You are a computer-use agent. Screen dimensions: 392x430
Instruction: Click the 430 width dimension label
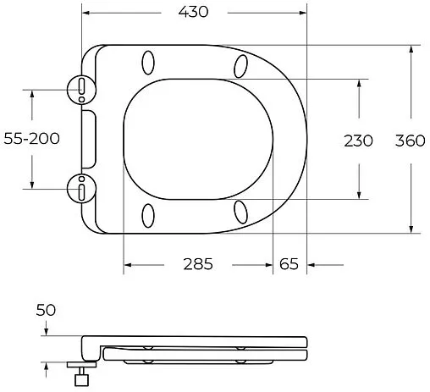[x=193, y=12]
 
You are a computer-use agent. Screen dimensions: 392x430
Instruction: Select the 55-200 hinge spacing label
[x=30, y=140]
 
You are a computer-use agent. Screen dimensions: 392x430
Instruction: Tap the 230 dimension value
[x=357, y=141]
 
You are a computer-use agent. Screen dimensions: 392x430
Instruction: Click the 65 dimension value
[x=289, y=264]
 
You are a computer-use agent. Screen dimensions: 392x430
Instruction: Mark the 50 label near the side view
[x=46, y=311]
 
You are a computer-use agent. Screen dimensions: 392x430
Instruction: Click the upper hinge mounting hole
[x=80, y=87]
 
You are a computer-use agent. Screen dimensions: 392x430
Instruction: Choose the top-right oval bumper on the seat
[x=240, y=65]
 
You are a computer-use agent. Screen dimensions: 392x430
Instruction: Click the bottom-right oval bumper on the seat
[x=240, y=211]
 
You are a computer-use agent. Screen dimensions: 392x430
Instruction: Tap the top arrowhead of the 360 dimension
[x=411, y=50]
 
